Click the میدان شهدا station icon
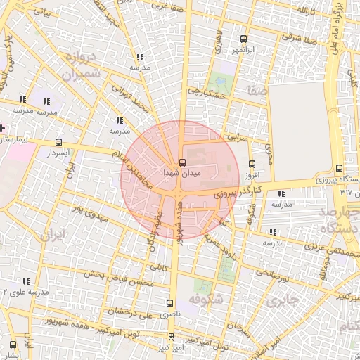coord(182,162)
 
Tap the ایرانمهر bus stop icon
coord(244,39)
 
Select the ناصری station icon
coord(168,302)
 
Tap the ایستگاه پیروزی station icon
coord(340,168)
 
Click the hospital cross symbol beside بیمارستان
coord(2,129)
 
